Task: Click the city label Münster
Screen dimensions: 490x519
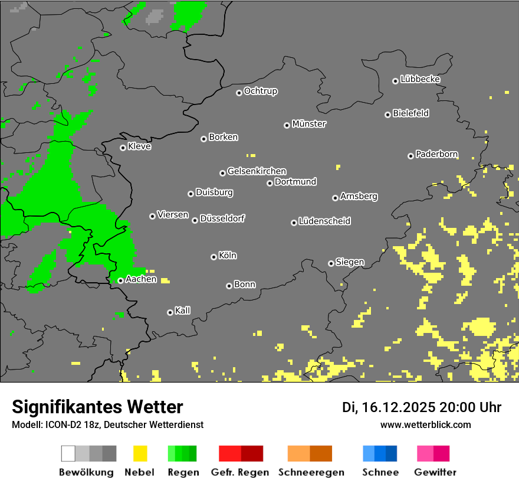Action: (309, 124)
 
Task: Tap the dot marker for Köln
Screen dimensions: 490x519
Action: (213, 257)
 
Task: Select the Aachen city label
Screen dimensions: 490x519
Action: (141, 279)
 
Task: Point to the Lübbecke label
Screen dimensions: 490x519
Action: (420, 79)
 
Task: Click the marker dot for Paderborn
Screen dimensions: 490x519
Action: (410, 156)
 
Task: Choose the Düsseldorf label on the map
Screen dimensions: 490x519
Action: (222, 218)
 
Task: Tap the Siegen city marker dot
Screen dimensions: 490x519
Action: (331, 263)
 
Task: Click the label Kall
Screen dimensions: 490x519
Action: (183, 311)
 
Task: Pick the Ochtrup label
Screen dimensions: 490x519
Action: (261, 91)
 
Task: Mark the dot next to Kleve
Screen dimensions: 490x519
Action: (123, 148)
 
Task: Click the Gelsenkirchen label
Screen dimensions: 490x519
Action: (257, 171)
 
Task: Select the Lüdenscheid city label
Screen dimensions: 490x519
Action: (324, 221)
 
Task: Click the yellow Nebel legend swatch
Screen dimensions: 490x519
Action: (140, 453)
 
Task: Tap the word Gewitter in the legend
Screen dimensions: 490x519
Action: (435, 472)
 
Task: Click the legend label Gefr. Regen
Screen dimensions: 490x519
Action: (240, 472)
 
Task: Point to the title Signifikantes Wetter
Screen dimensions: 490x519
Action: (97, 407)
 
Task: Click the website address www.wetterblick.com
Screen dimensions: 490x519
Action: (425, 424)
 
